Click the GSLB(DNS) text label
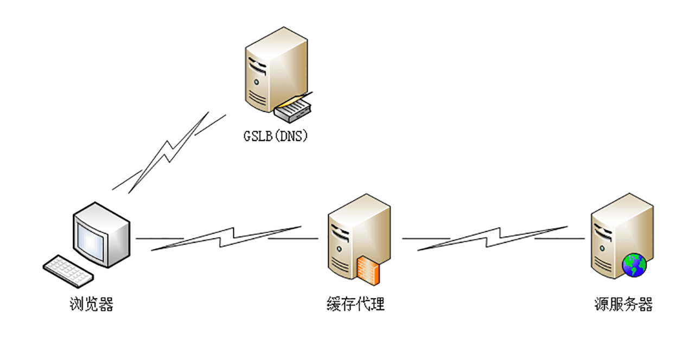(x=275, y=135)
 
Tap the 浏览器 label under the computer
(x=92, y=304)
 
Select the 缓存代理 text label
(x=355, y=304)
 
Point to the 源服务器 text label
(x=623, y=304)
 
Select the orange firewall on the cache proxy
(x=371, y=270)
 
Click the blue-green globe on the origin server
(x=634, y=265)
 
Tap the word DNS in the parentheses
(x=291, y=135)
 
